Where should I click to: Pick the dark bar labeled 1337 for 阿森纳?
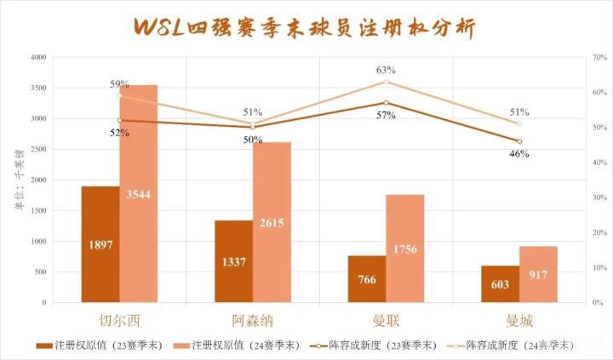point(233,261)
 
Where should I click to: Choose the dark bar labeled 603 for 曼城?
point(500,284)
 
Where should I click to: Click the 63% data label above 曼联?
point(386,71)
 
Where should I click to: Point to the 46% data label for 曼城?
point(519,153)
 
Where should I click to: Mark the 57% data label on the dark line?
point(386,115)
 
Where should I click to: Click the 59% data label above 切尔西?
point(119,84)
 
